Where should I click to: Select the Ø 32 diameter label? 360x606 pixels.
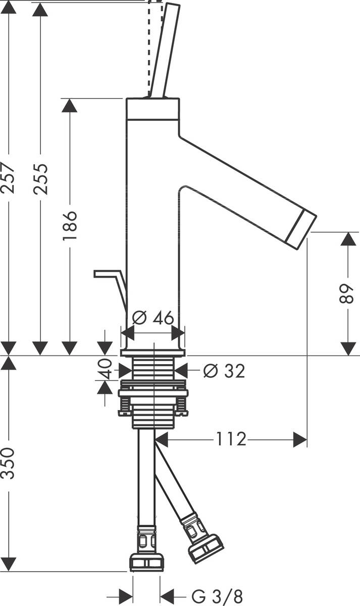(x=224, y=371)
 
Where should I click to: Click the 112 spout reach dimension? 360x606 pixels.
(x=231, y=439)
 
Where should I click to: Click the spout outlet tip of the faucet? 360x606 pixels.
(x=302, y=230)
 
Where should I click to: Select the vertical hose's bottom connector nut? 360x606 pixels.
(x=146, y=562)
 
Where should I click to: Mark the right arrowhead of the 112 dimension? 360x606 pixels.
(x=301, y=439)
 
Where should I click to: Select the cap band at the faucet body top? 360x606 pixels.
(x=152, y=109)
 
